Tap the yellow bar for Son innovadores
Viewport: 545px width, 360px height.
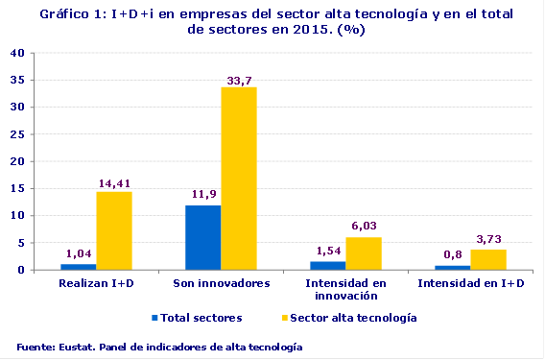click(x=238, y=179)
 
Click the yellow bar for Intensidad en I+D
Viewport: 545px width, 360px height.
click(x=487, y=260)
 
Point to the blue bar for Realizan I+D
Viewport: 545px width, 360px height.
click(x=78, y=267)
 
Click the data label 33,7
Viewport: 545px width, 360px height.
click(x=238, y=79)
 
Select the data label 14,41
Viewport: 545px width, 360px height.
click(x=114, y=183)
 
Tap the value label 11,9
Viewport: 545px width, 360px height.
click(x=203, y=197)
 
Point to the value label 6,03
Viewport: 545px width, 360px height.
click(x=364, y=228)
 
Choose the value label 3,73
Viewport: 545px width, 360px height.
click(x=488, y=241)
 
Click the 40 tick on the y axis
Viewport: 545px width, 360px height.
click(x=17, y=54)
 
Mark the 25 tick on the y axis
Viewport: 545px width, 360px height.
click(x=17, y=134)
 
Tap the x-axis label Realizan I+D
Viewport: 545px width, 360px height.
click(x=95, y=285)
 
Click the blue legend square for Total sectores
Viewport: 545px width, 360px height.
click(x=155, y=317)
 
